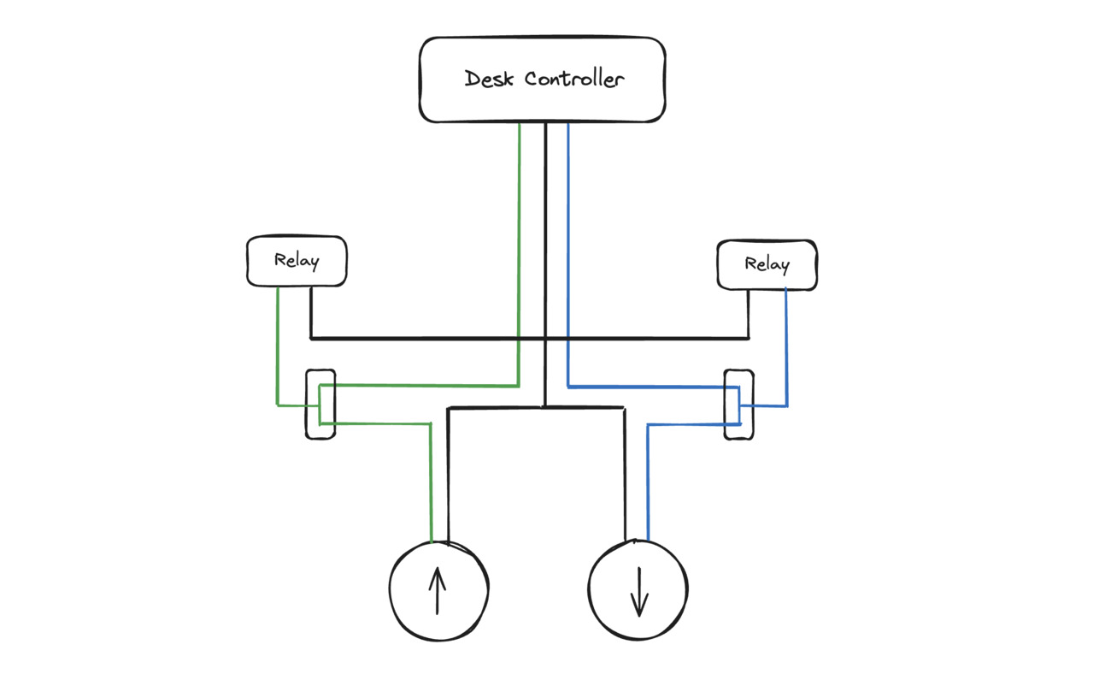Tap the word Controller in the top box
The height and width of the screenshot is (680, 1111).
click(x=574, y=80)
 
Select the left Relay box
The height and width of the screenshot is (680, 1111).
click(x=297, y=261)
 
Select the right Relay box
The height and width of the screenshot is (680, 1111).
click(x=767, y=264)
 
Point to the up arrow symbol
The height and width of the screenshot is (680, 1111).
click(x=438, y=591)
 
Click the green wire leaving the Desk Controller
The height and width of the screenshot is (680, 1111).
click(x=519, y=257)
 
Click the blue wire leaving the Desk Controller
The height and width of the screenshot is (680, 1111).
click(x=568, y=257)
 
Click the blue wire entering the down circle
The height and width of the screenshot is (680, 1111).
click(x=648, y=488)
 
